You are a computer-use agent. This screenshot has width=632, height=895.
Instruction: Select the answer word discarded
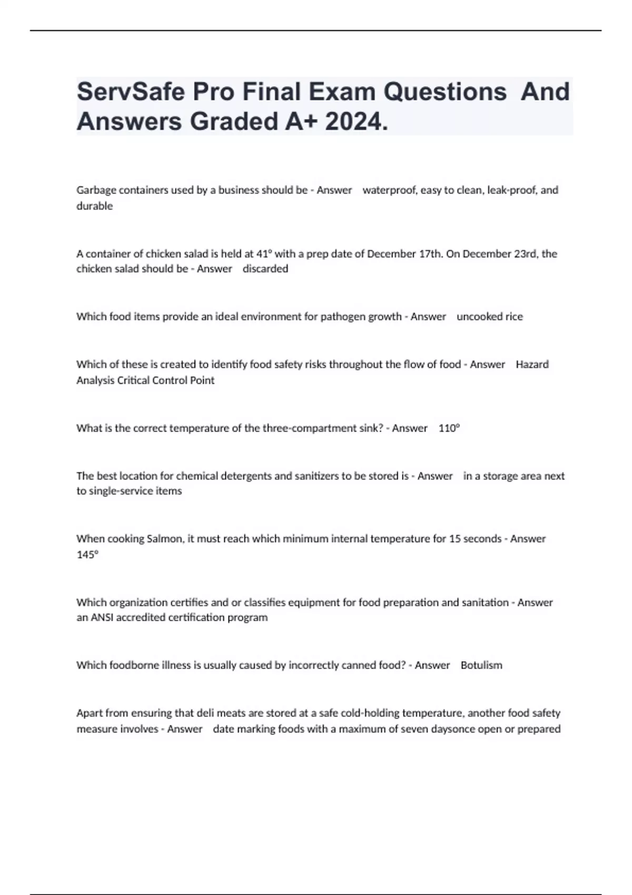pos(265,269)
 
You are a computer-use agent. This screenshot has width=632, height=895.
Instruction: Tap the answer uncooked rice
pos(489,317)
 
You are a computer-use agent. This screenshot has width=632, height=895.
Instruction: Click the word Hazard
pos(532,364)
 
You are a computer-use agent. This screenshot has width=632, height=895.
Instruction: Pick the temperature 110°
pos(449,428)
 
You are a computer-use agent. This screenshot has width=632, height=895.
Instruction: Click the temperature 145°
pos(87,554)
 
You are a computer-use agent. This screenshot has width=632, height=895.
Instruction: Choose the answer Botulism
pos(481,665)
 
